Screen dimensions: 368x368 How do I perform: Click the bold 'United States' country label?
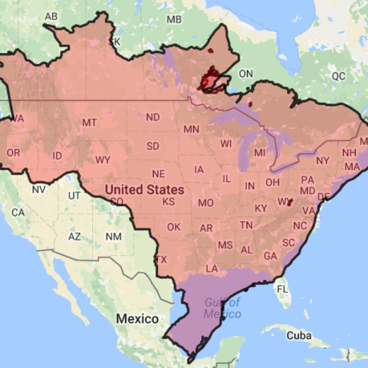point(145,190)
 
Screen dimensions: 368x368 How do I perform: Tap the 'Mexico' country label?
point(137,318)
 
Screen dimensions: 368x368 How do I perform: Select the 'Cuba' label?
point(297,335)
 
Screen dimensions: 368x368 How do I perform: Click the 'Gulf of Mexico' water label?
point(221,307)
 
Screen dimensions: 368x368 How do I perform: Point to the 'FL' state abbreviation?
point(282,289)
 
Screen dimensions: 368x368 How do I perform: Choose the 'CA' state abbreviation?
point(18,212)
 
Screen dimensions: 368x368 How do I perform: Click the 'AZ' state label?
point(75,237)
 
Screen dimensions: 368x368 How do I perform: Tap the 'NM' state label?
point(114,237)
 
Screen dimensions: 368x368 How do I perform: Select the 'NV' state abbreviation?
point(38,190)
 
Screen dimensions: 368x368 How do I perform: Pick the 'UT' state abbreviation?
point(75,196)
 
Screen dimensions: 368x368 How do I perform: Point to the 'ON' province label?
point(246,74)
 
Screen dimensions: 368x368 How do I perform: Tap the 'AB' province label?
point(51,16)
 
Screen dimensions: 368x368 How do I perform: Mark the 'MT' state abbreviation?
point(90,122)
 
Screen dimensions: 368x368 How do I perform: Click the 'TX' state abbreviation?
point(160,259)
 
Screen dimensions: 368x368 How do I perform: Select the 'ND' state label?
point(152,118)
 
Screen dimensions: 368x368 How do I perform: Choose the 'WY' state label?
point(103,160)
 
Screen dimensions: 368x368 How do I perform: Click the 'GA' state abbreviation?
point(270,256)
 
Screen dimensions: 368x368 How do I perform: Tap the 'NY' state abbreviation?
point(322,160)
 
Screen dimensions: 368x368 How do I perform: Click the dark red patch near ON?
point(212,79)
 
